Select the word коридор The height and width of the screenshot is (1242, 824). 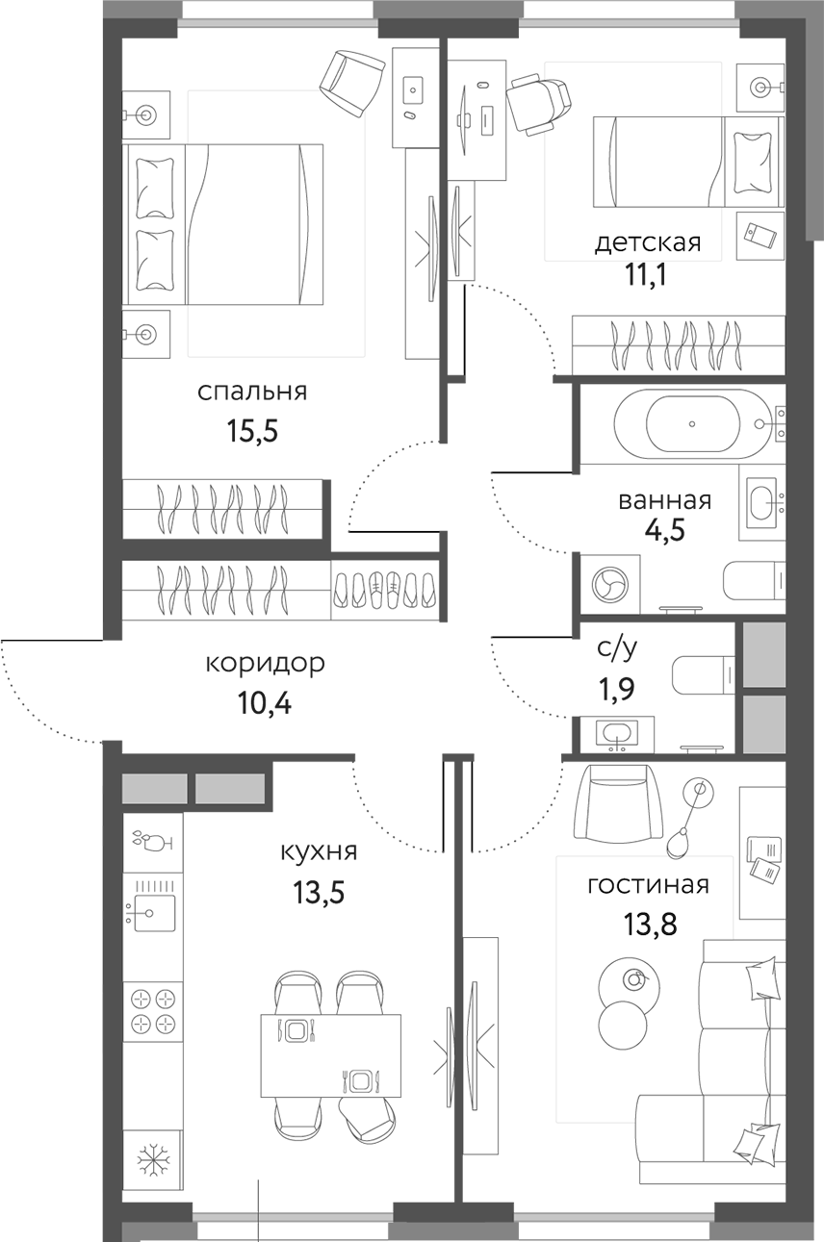265,663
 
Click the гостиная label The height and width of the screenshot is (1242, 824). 648,885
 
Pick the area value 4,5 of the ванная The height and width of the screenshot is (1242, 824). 664,532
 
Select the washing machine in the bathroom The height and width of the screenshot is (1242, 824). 609,583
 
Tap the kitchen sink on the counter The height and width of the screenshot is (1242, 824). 152,907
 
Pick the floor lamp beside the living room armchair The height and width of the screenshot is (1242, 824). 686,818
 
